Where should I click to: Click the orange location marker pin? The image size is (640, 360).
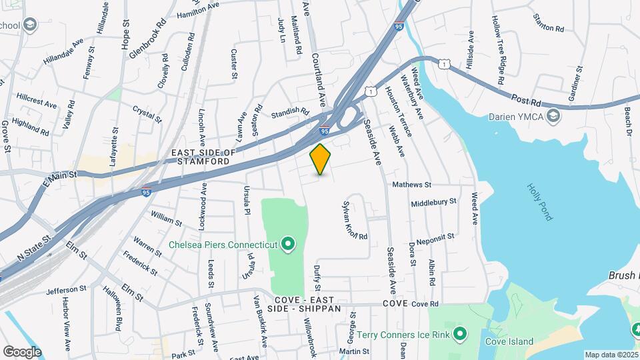321,159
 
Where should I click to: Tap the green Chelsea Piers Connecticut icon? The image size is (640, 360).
288,245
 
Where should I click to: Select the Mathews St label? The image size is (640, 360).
412,185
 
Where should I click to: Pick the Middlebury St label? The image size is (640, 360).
433,201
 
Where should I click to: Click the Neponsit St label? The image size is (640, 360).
435,237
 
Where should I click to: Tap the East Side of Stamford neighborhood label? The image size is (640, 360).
204,157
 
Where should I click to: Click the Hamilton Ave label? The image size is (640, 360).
197,9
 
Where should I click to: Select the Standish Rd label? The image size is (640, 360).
290,113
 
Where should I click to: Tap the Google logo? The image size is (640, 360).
22,351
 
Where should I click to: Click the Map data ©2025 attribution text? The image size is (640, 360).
611,355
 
